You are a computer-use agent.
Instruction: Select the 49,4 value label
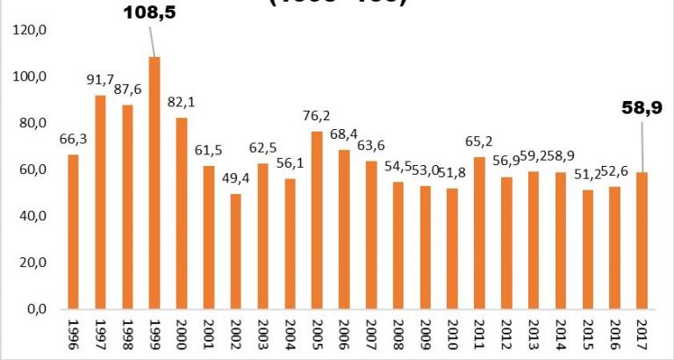coord(235,180)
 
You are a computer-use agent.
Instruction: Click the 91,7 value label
coord(100,81)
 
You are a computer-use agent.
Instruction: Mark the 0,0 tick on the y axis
coord(37,309)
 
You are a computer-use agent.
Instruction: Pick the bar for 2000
coord(182,213)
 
